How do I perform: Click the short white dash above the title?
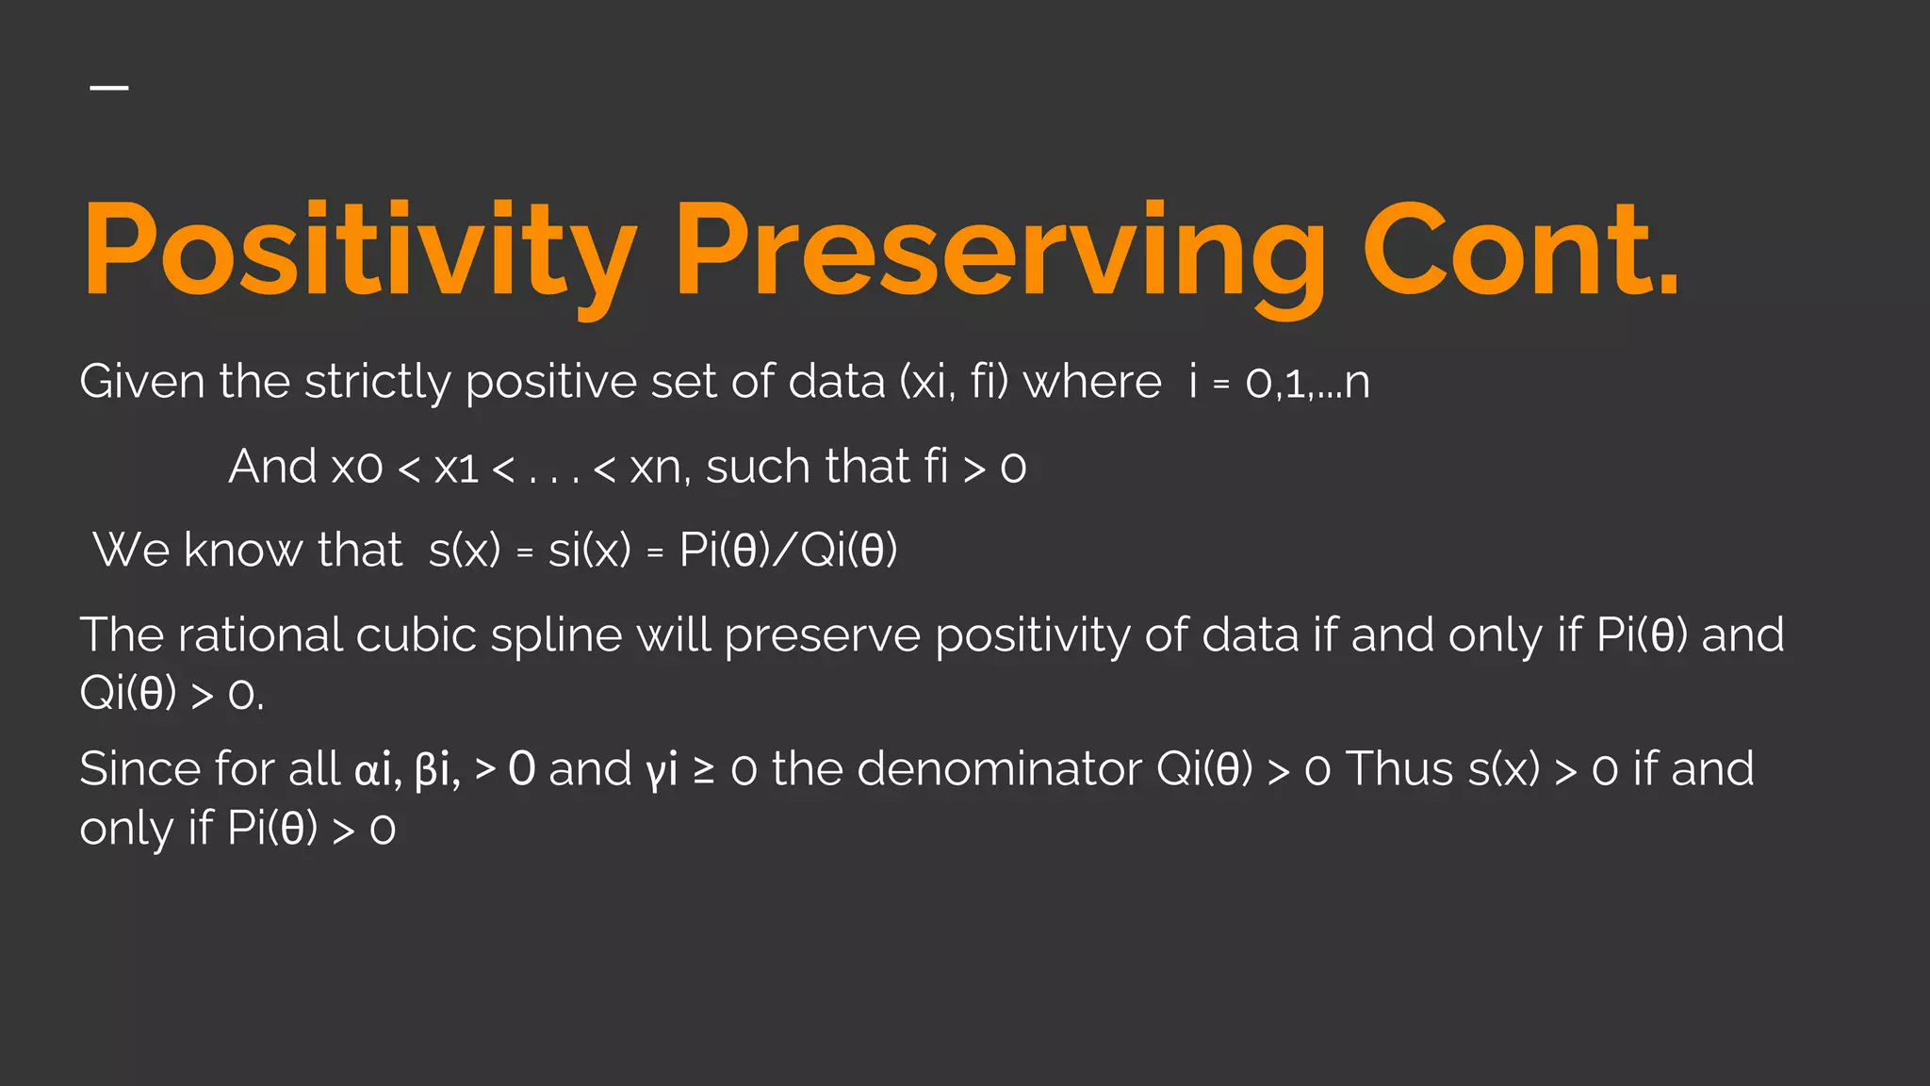point(109,88)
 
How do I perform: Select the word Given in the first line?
point(141,382)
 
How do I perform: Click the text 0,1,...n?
point(1307,382)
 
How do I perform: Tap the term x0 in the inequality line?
point(357,467)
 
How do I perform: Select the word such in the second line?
point(758,467)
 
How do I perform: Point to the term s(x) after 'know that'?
point(465,550)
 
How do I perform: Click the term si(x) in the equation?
point(590,550)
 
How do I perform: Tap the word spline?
point(556,634)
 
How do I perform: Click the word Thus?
point(1400,768)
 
